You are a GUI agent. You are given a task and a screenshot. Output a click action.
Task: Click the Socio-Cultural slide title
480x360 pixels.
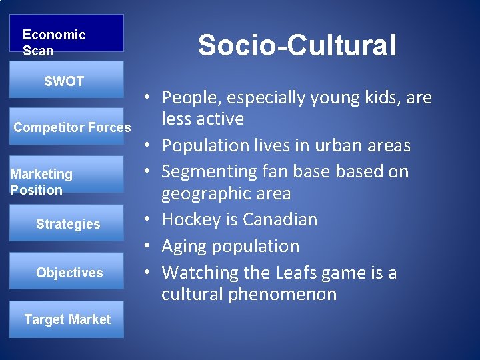click(x=297, y=45)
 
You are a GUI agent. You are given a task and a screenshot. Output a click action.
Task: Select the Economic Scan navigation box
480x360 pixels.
click(x=66, y=34)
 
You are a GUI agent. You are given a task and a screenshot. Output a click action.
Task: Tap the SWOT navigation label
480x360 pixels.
click(x=64, y=81)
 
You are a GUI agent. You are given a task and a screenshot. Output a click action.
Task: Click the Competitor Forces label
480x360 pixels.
click(x=72, y=127)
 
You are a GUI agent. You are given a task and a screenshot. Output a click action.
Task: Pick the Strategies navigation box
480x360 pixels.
click(x=67, y=224)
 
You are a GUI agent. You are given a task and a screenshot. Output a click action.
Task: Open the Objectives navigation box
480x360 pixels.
click(x=69, y=273)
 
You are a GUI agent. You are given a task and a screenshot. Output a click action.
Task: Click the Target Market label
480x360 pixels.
click(x=67, y=319)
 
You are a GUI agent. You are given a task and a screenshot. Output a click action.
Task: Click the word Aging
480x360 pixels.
click(x=183, y=246)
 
